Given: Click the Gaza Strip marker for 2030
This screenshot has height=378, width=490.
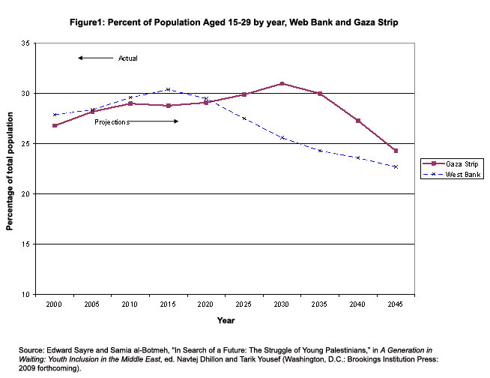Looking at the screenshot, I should point(282,83).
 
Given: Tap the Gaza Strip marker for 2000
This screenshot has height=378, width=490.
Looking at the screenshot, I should point(54,125).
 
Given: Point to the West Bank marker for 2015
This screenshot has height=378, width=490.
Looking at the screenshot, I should point(168,89).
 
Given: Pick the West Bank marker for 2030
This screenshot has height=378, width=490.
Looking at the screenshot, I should point(282,137).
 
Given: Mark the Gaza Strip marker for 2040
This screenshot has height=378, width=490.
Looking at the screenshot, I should point(358,121).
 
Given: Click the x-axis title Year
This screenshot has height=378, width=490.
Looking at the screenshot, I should point(225,321).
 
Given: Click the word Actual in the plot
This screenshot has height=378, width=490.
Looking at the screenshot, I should point(128,58).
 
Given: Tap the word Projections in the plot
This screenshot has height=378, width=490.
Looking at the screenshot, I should point(112,121).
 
